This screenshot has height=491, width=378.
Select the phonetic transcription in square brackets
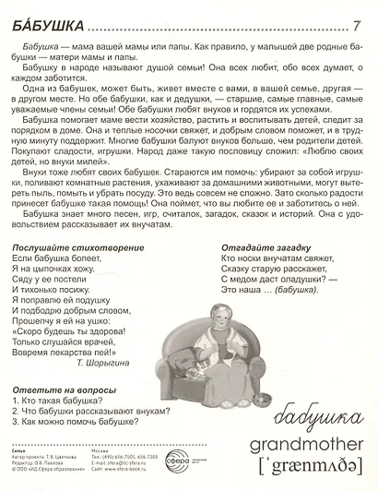point(301,468)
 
